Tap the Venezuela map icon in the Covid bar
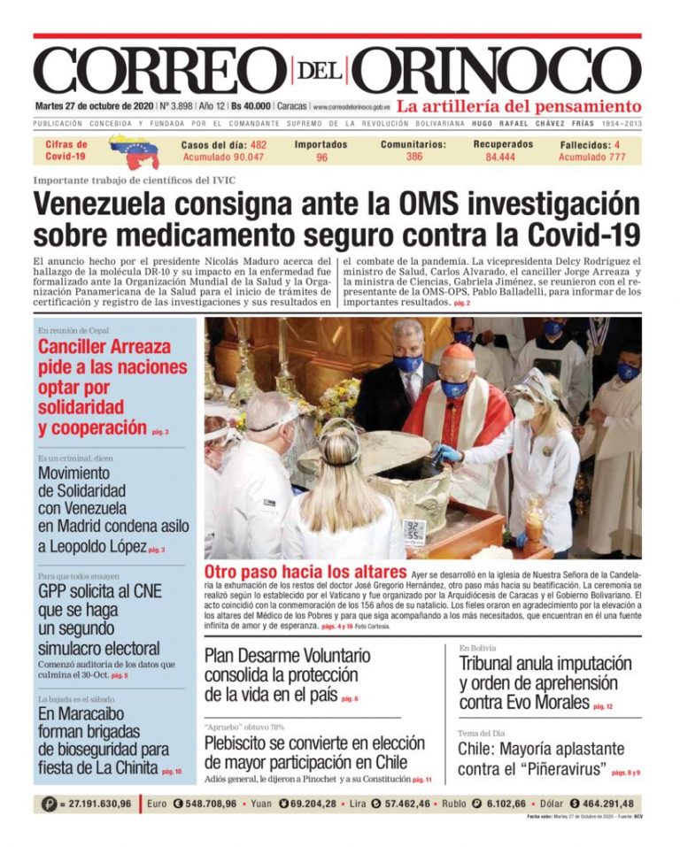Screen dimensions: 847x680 click(x=133, y=151)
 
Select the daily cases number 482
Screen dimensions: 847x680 click(x=258, y=144)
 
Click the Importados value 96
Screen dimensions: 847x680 click(x=321, y=158)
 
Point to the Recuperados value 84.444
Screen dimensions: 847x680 click(x=500, y=158)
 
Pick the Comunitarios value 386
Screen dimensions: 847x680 click(x=413, y=157)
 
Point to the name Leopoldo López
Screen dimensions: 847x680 click(x=92, y=547)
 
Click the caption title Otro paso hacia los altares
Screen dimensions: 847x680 click(x=305, y=572)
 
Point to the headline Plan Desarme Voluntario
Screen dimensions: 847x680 click(x=287, y=656)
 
